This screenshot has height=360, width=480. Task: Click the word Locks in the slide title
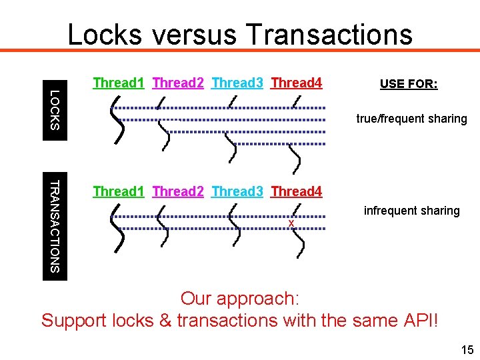click(104, 34)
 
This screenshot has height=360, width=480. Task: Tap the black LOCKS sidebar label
click(55, 110)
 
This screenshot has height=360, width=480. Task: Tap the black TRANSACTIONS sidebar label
click(55, 226)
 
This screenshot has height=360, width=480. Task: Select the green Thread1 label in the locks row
click(119, 83)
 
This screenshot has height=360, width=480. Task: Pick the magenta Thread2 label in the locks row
click(178, 83)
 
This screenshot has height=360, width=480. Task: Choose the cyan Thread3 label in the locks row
click(237, 83)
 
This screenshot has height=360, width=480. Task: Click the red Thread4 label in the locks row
click(297, 83)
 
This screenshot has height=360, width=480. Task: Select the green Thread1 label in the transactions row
click(119, 192)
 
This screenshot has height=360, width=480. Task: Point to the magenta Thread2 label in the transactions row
click(178, 192)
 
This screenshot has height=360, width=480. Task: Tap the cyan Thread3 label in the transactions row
click(237, 192)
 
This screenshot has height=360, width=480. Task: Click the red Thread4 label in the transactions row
click(297, 192)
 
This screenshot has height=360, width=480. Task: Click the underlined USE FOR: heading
click(409, 84)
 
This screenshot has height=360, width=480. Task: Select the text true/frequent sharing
click(411, 119)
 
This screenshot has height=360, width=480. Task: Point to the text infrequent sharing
click(411, 211)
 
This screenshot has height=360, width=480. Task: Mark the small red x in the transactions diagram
click(291, 222)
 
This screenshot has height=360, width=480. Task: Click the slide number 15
click(466, 350)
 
